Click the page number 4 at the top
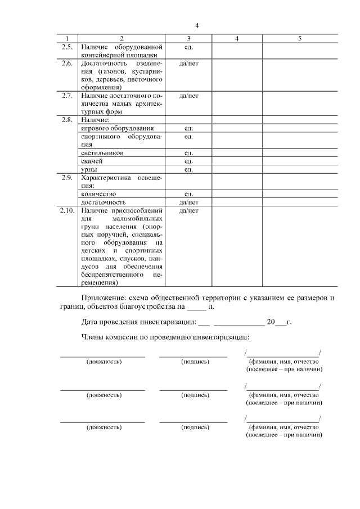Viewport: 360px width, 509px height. click(x=197, y=25)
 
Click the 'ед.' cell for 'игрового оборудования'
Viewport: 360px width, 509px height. click(x=188, y=128)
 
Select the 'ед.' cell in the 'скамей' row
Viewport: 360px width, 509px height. click(x=188, y=161)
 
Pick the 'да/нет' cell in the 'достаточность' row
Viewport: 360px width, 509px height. click(x=188, y=202)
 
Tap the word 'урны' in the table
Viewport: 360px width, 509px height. click(x=89, y=169)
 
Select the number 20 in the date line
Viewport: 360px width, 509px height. click(x=271, y=322)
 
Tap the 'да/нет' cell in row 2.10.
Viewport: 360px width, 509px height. click(x=188, y=210)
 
